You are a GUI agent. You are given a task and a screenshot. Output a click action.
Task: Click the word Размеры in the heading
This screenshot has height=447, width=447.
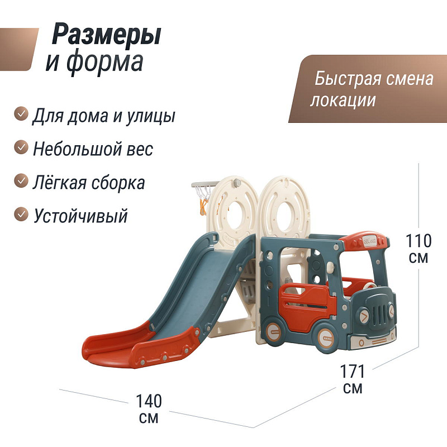(107, 35)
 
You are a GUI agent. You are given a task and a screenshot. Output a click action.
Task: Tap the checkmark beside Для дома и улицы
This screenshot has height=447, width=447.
(21, 113)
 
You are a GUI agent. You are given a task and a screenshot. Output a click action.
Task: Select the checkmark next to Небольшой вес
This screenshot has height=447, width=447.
(21, 147)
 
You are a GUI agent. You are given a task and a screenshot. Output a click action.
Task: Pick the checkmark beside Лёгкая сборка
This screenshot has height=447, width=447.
(21, 180)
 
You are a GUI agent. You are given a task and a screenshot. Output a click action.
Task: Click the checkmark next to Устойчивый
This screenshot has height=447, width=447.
(21, 215)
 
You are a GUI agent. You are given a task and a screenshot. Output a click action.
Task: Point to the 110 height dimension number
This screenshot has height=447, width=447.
(419, 241)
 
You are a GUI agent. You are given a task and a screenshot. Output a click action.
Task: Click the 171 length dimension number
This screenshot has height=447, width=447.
(353, 372)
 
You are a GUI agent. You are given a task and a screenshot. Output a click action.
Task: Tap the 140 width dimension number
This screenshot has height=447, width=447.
(149, 401)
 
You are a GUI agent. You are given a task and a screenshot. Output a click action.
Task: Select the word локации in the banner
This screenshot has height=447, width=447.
(343, 101)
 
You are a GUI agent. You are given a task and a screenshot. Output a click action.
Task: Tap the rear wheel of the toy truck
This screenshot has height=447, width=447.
(273, 332)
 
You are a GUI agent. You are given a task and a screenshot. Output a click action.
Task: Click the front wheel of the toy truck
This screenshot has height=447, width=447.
(326, 339)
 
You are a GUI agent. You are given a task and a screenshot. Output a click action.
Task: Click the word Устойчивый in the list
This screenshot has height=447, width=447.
(80, 216)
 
